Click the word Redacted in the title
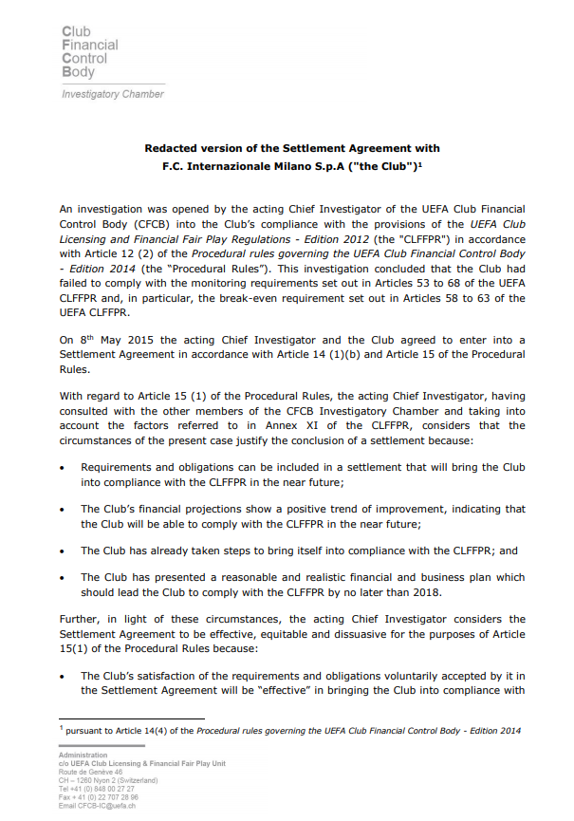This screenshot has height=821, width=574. (171, 148)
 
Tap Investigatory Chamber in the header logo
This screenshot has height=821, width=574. (112, 94)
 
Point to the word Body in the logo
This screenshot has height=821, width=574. (78, 71)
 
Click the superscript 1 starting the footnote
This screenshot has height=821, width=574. (62, 728)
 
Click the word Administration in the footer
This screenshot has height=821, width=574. (83, 756)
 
